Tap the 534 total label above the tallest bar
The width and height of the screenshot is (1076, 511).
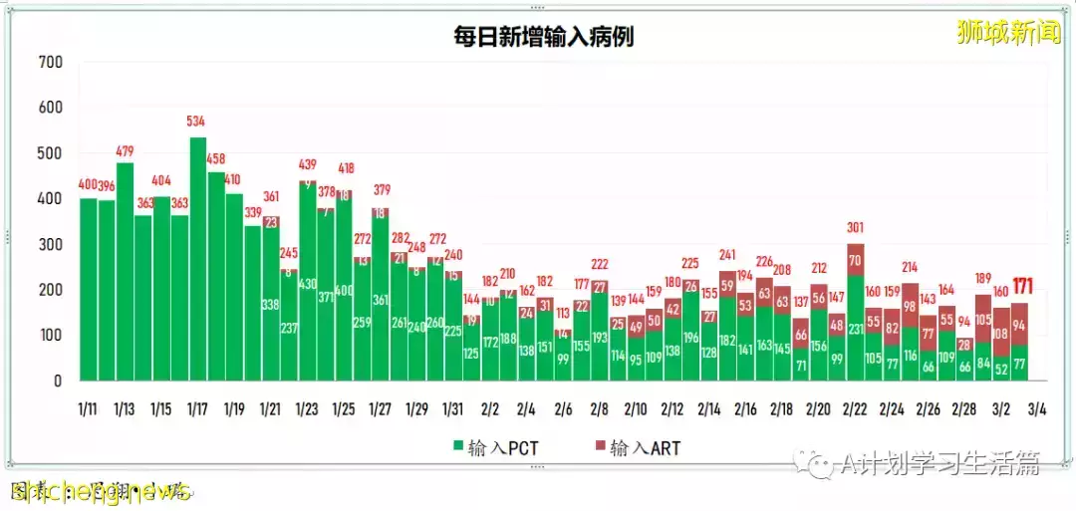[196, 122]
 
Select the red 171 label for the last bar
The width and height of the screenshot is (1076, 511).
[1021, 287]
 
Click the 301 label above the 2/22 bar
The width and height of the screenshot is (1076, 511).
[855, 228]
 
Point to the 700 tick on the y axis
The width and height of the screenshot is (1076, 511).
[50, 63]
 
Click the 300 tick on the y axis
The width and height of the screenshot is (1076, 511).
[50, 245]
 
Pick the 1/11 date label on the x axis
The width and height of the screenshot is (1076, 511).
[88, 409]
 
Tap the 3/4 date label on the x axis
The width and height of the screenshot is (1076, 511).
[1036, 409]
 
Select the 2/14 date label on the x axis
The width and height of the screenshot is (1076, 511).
[708, 409]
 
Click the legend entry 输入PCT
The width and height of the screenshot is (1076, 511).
[495, 448]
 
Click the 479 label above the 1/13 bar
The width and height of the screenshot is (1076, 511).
[124, 151]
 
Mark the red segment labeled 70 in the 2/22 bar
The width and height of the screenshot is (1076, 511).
[855, 261]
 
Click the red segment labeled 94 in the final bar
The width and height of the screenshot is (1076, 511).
[1019, 325]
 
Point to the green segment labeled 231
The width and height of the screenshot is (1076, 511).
[855, 329]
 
